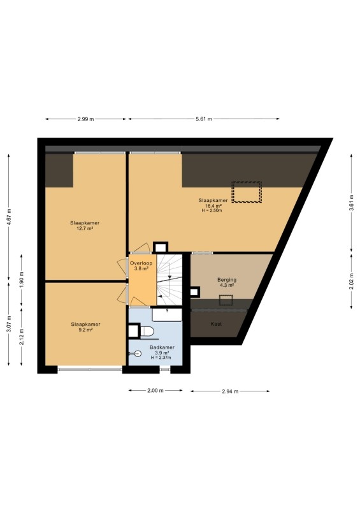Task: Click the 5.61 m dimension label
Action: tap(204, 119)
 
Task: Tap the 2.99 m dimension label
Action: tap(85, 119)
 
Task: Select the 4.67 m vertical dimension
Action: tap(9, 217)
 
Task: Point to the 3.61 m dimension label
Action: tap(351, 203)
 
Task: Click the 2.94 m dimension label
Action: tap(230, 391)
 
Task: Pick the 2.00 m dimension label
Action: tap(155, 390)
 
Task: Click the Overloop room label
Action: tap(141, 263)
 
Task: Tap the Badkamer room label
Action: tap(162, 347)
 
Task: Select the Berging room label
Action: tap(227, 280)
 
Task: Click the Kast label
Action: tap(216, 324)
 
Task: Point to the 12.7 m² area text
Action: tap(85, 228)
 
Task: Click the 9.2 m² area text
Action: tap(86, 330)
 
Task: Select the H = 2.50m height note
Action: tap(212, 210)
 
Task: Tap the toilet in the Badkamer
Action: tap(147, 331)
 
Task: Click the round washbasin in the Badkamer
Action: tap(137, 354)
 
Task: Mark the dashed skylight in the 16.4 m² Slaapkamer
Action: tap(247, 192)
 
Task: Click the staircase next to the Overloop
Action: tap(169, 279)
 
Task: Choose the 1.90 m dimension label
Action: tap(22, 280)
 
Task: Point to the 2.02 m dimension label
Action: tap(351, 282)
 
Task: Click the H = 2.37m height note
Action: tap(161, 358)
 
